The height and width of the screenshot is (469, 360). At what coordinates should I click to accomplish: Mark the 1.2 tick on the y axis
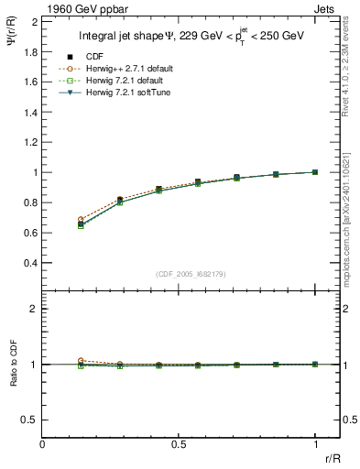(x=29, y=142)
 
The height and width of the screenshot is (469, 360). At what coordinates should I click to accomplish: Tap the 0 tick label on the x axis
(x=43, y=444)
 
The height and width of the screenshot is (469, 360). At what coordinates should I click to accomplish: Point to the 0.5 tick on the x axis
(x=180, y=444)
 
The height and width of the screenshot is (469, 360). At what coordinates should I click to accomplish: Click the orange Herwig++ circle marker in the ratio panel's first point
(x=82, y=361)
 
